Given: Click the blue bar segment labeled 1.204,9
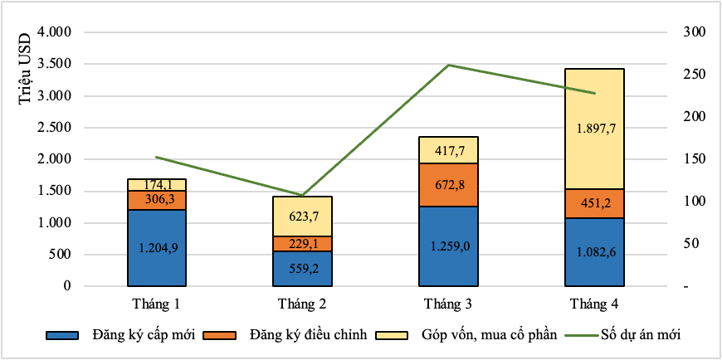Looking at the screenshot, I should point(156,247).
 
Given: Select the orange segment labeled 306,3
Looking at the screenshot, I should point(156,200).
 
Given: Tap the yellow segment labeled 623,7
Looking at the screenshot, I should point(302,216).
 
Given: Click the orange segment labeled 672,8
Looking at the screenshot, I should point(448,184).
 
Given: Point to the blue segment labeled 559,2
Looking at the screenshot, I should point(302,269).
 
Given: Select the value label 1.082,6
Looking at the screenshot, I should point(594,252).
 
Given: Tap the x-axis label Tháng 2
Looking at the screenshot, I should point(302,302).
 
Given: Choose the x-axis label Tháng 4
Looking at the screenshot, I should point(594,302).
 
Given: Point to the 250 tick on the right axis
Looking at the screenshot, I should point(692,75).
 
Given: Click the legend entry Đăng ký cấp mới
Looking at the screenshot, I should point(139,335).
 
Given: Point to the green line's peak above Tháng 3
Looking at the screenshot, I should point(448,65).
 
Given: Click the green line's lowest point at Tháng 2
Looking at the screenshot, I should point(302,196).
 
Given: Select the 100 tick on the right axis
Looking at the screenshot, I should point(692,202).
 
